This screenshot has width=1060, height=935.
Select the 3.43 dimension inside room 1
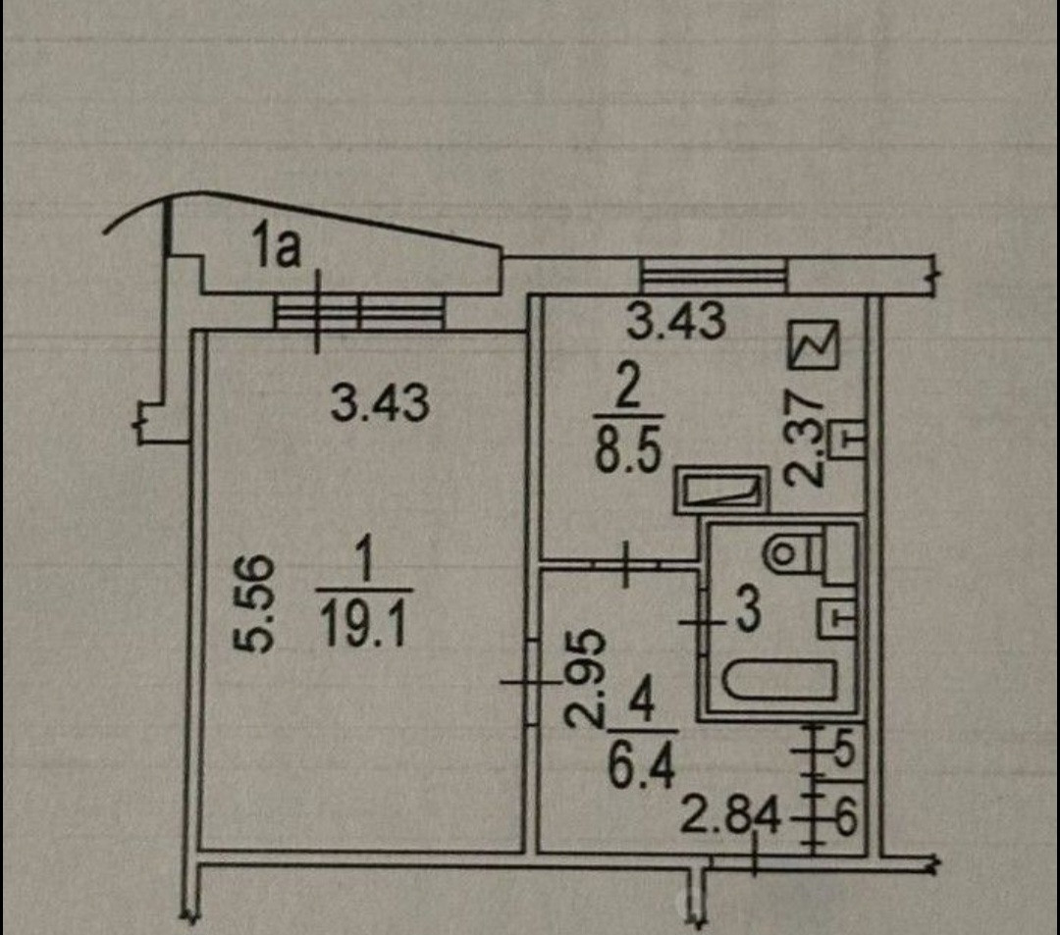click(380, 403)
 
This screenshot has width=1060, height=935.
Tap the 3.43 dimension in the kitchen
click(676, 322)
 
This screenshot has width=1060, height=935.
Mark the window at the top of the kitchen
click(713, 275)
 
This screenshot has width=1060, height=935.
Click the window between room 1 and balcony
click(359, 314)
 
